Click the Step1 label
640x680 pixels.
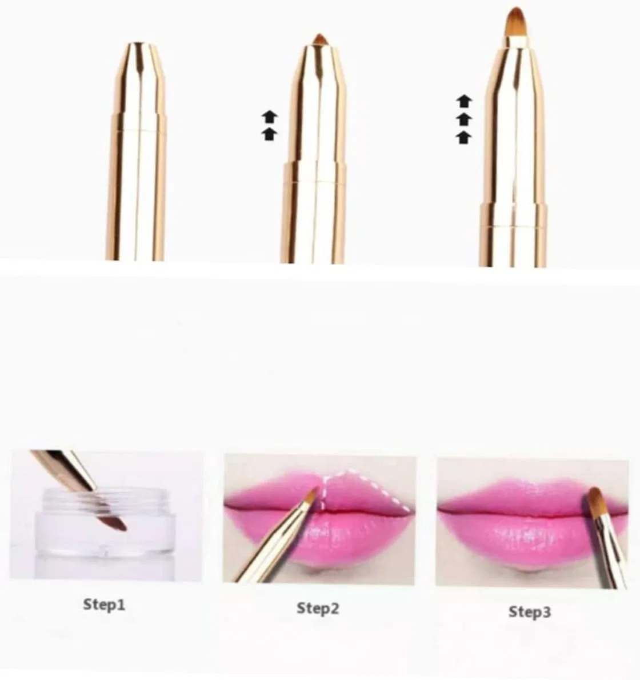pyautogui.click(x=104, y=605)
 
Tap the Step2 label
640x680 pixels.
pyautogui.click(x=318, y=608)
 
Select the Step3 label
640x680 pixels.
pyautogui.click(x=530, y=612)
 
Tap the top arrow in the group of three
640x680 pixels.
pyautogui.click(x=465, y=101)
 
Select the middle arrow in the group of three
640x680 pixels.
pyautogui.click(x=465, y=119)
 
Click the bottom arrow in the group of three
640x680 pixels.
pyautogui.click(x=465, y=138)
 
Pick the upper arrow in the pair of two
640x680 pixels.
pyautogui.click(x=269, y=117)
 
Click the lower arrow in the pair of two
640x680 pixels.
pyautogui.click(x=269, y=134)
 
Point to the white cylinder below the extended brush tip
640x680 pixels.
pyautogui.click(x=516, y=42)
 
